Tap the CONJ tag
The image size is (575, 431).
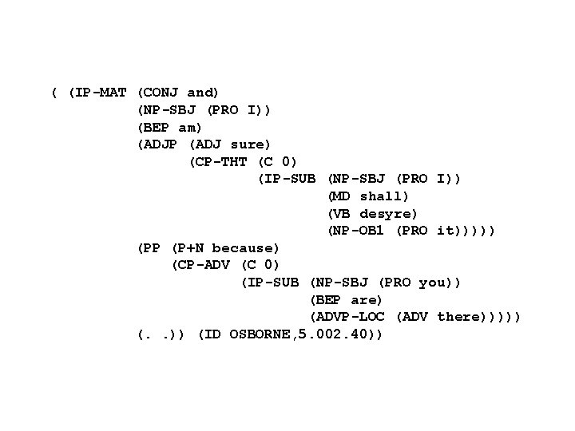(163, 93)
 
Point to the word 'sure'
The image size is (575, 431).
(250, 144)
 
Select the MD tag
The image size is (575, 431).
(341, 196)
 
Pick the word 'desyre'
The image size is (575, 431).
(389, 214)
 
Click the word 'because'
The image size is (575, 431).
(246, 248)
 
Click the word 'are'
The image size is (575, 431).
(367, 300)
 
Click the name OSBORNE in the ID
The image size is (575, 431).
(260, 334)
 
